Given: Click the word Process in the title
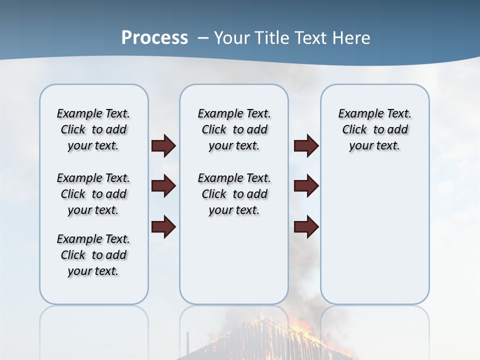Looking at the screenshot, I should pyautogui.click(x=154, y=38).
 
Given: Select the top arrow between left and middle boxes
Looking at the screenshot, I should pyautogui.click(x=163, y=145).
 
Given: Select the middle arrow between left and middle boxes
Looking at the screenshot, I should pyautogui.click(x=163, y=186).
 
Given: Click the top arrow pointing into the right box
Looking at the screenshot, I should pyautogui.click(x=306, y=145).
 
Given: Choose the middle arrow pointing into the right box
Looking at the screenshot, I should pyautogui.click(x=306, y=186).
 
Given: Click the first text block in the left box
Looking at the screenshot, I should pyautogui.click(x=93, y=129).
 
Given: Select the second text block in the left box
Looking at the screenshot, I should pyautogui.click(x=93, y=194).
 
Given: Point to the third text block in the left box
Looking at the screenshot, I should pyautogui.click(x=93, y=255).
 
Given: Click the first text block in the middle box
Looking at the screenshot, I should pyautogui.click(x=234, y=129).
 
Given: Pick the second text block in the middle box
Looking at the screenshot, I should pyautogui.click(x=234, y=194).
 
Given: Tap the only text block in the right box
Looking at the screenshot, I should pyautogui.click(x=374, y=129).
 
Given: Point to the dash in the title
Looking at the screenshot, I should pyautogui.click(x=203, y=38).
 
